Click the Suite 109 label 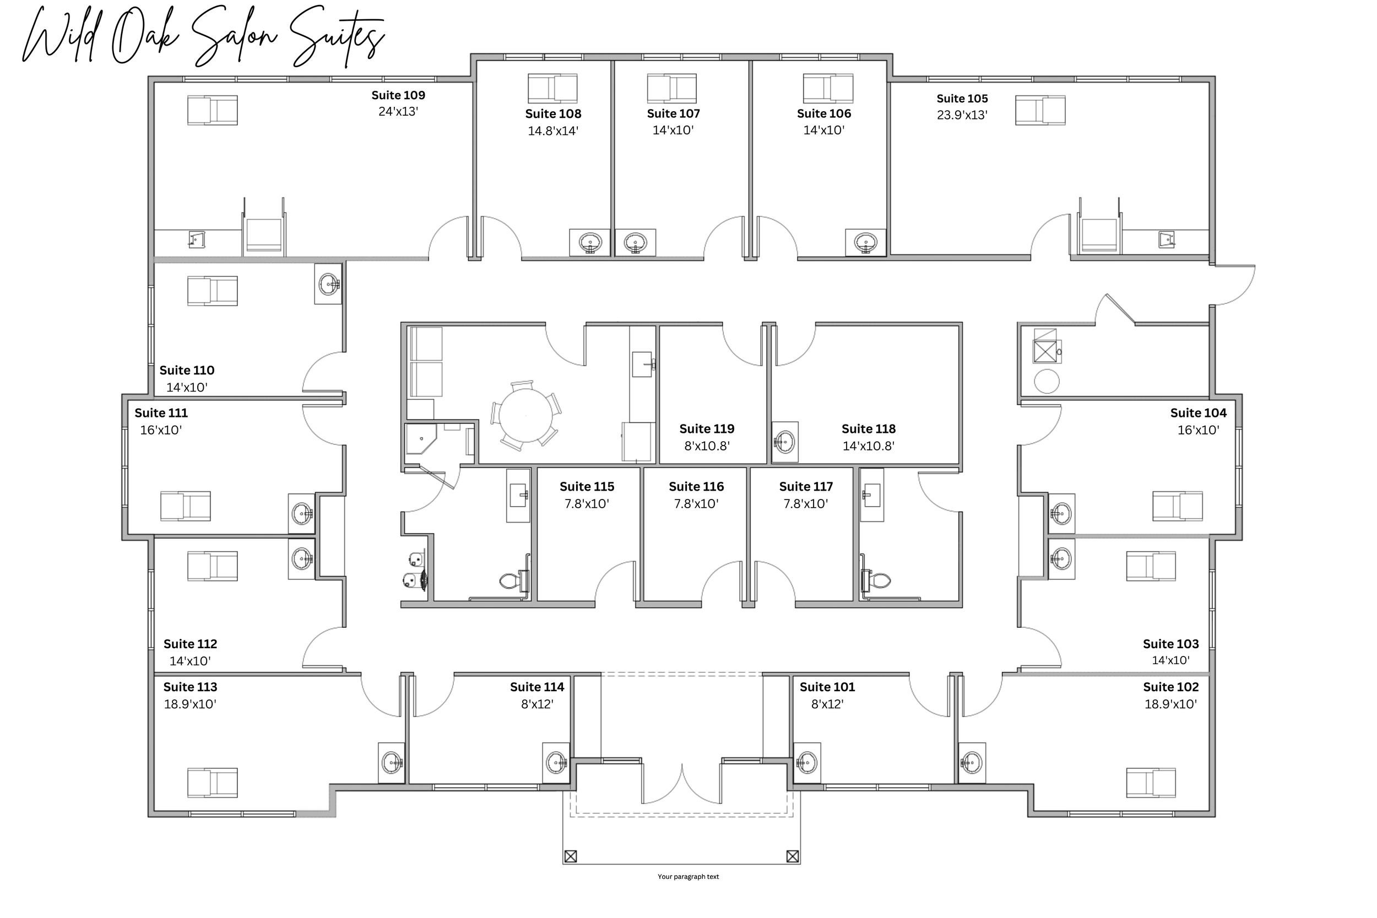click(x=398, y=95)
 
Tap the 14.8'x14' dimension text click(x=552, y=131)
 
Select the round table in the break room click(x=526, y=416)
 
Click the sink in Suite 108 click(x=589, y=242)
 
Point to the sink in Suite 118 click(x=784, y=442)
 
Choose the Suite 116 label click(x=696, y=486)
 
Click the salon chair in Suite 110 click(x=213, y=291)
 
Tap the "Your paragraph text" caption click(x=688, y=877)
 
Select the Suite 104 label click(x=1198, y=413)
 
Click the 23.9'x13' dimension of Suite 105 click(x=962, y=115)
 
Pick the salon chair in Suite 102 click(x=1151, y=783)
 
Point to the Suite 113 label click(x=190, y=687)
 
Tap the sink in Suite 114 click(x=556, y=763)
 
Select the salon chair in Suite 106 click(x=828, y=89)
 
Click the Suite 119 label click(x=707, y=428)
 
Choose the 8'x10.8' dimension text click(x=707, y=446)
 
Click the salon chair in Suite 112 click(x=213, y=566)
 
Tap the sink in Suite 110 click(x=328, y=285)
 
